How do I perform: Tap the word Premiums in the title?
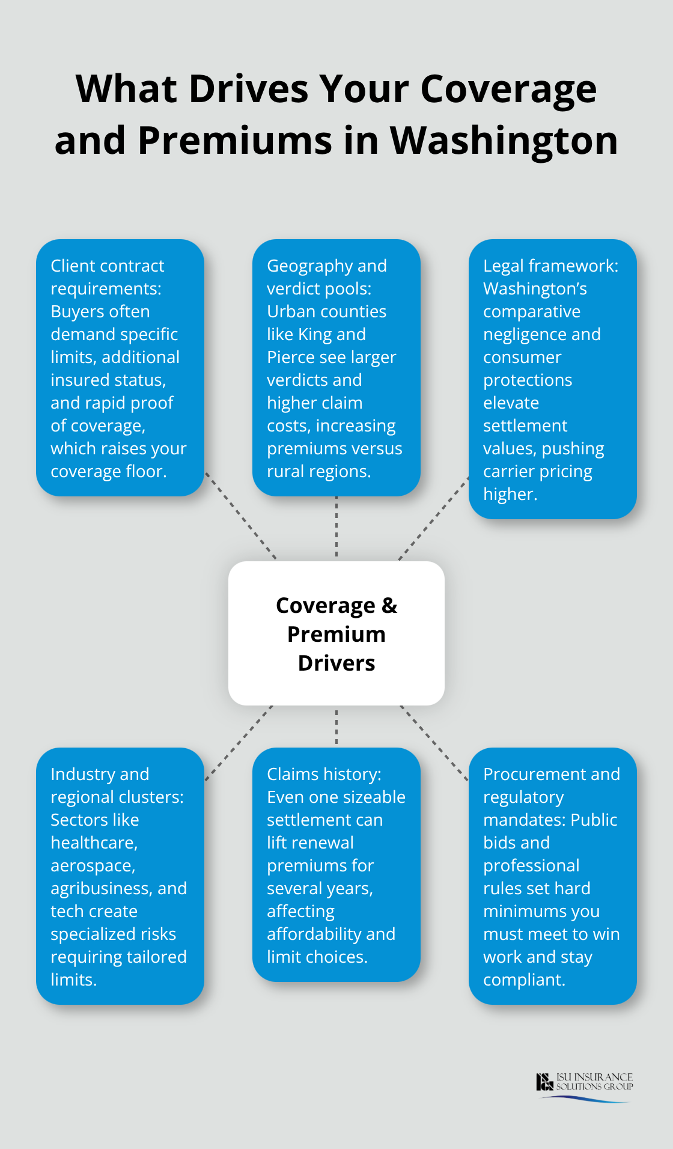click(235, 141)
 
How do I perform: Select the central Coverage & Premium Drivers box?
click(336, 633)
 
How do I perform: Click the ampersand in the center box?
click(389, 605)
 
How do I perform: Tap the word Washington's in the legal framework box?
click(535, 288)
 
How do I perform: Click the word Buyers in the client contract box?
click(100, 311)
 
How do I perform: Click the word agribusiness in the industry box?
click(102, 888)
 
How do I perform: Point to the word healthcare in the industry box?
click(94, 843)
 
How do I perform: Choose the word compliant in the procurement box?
click(523, 980)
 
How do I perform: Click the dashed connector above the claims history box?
click(336, 726)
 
